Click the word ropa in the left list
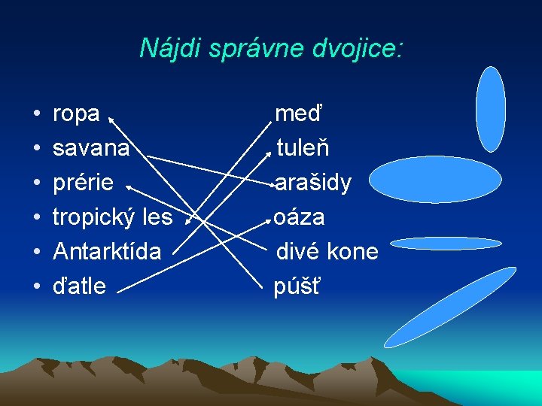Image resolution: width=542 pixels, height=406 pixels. tap(76, 114)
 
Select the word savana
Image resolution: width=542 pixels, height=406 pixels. tap(91, 148)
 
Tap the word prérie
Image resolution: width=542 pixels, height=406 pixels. tap(84, 183)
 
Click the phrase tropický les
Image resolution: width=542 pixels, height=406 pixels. tap(112, 217)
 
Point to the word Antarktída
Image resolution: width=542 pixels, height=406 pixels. tap(107, 251)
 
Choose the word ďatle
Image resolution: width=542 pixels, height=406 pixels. tap(79, 286)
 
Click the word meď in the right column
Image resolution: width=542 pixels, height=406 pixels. tap(298, 114)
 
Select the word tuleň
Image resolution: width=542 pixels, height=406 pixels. tap(303, 148)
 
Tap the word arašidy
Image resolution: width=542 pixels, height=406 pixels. tap(313, 183)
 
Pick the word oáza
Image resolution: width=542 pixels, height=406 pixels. tap(300, 217)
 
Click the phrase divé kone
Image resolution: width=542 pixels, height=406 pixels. tap(327, 251)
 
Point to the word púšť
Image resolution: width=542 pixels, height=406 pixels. tap(297, 286)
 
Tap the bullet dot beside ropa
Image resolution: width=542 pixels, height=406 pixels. tap(36, 115)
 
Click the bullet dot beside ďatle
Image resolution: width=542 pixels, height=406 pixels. tap(36, 286)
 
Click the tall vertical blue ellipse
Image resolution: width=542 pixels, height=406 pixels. tap(491, 109)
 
